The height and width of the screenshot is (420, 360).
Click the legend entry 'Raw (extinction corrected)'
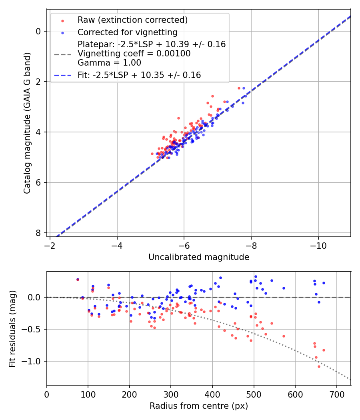pos(132,20)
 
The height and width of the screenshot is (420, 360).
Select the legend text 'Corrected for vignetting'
pos(128,32)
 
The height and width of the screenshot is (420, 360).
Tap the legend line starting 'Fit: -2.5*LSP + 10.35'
pos(139,75)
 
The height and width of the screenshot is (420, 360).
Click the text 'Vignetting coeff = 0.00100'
pos(134,53)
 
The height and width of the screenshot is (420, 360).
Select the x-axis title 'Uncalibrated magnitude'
pos(199,257)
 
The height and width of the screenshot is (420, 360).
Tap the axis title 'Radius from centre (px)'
pos(199,406)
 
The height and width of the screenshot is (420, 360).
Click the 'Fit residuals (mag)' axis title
pos(12,329)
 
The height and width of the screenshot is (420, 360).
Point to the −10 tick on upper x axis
pos(318,244)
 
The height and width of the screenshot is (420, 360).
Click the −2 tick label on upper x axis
pos(50,244)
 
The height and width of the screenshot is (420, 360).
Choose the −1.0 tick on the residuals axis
pos(34,361)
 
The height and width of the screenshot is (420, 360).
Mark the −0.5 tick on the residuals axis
pos(34,329)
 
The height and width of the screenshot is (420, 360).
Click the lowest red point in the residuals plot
pos(319,366)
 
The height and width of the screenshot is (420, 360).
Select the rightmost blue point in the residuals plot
pos(324,283)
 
